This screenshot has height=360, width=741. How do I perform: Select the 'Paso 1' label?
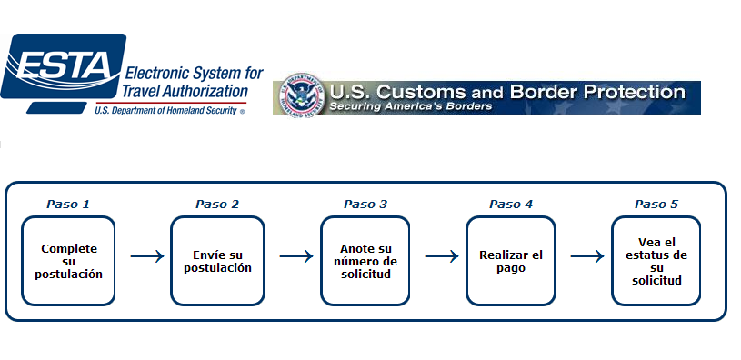pyautogui.click(x=68, y=204)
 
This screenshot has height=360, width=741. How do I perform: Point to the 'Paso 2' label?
pyautogui.click(x=217, y=204)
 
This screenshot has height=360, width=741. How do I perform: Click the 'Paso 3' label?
pyautogui.click(x=365, y=204)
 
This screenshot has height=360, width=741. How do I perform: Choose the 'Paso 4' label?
pyautogui.click(x=511, y=204)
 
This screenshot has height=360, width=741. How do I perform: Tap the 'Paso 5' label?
pyautogui.click(x=656, y=204)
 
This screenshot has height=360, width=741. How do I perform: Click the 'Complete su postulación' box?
pyautogui.click(x=69, y=261)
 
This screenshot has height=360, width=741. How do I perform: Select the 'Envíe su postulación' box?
pyautogui.click(x=217, y=261)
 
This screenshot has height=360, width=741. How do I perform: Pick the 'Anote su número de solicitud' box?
pyautogui.click(x=365, y=261)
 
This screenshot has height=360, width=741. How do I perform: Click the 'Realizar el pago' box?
pyautogui.click(x=511, y=261)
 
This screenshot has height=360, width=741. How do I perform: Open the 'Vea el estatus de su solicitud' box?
pyautogui.click(x=656, y=261)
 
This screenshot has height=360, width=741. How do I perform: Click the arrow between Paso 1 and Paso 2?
pyautogui.click(x=146, y=256)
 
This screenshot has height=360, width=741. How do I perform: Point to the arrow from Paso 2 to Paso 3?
pyautogui.click(x=295, y=256)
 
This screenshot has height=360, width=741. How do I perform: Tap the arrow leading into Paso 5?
pyautogui.click(x=586, y=256)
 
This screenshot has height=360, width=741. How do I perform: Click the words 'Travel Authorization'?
pyautogui.click(x=185, y=91)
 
